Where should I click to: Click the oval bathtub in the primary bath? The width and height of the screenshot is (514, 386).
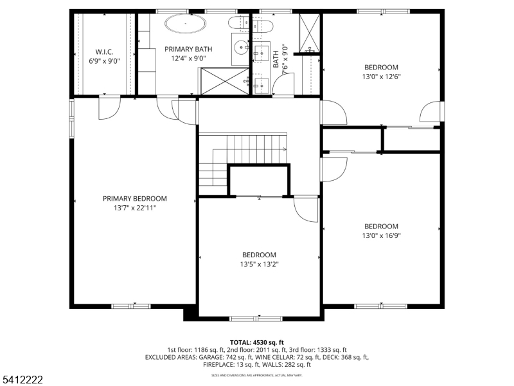pyautogui.click(x=186, y=24)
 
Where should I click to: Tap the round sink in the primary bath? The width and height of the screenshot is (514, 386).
pyautogui.click(x=241, y=46)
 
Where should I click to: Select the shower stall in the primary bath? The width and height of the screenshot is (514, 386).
pyautogui.click(x=222, y=81)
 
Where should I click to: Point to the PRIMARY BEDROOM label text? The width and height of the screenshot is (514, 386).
pyautogui.click(x=135, y=199)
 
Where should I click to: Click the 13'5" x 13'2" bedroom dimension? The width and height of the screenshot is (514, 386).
pyautogui.click(x=259, y=264)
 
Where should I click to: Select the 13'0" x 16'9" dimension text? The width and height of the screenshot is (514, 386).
pyautogui.click(x=381, y=235)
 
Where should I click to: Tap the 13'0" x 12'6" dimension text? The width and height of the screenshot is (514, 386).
pyautogui.click(x=381, y=77)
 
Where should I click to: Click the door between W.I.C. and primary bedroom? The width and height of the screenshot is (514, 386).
pyautogui.click(x=108, y=107)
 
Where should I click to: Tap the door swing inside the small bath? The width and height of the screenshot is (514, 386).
pyautogui.click(x=284, y=84)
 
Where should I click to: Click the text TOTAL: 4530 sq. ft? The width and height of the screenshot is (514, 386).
pyautogui.click(x=256, y=342)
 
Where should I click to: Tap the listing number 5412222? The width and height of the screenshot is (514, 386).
pyautogui.click(x=22, y=380)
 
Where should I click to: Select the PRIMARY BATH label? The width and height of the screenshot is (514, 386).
pyautogui.click(x=188, y=49)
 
